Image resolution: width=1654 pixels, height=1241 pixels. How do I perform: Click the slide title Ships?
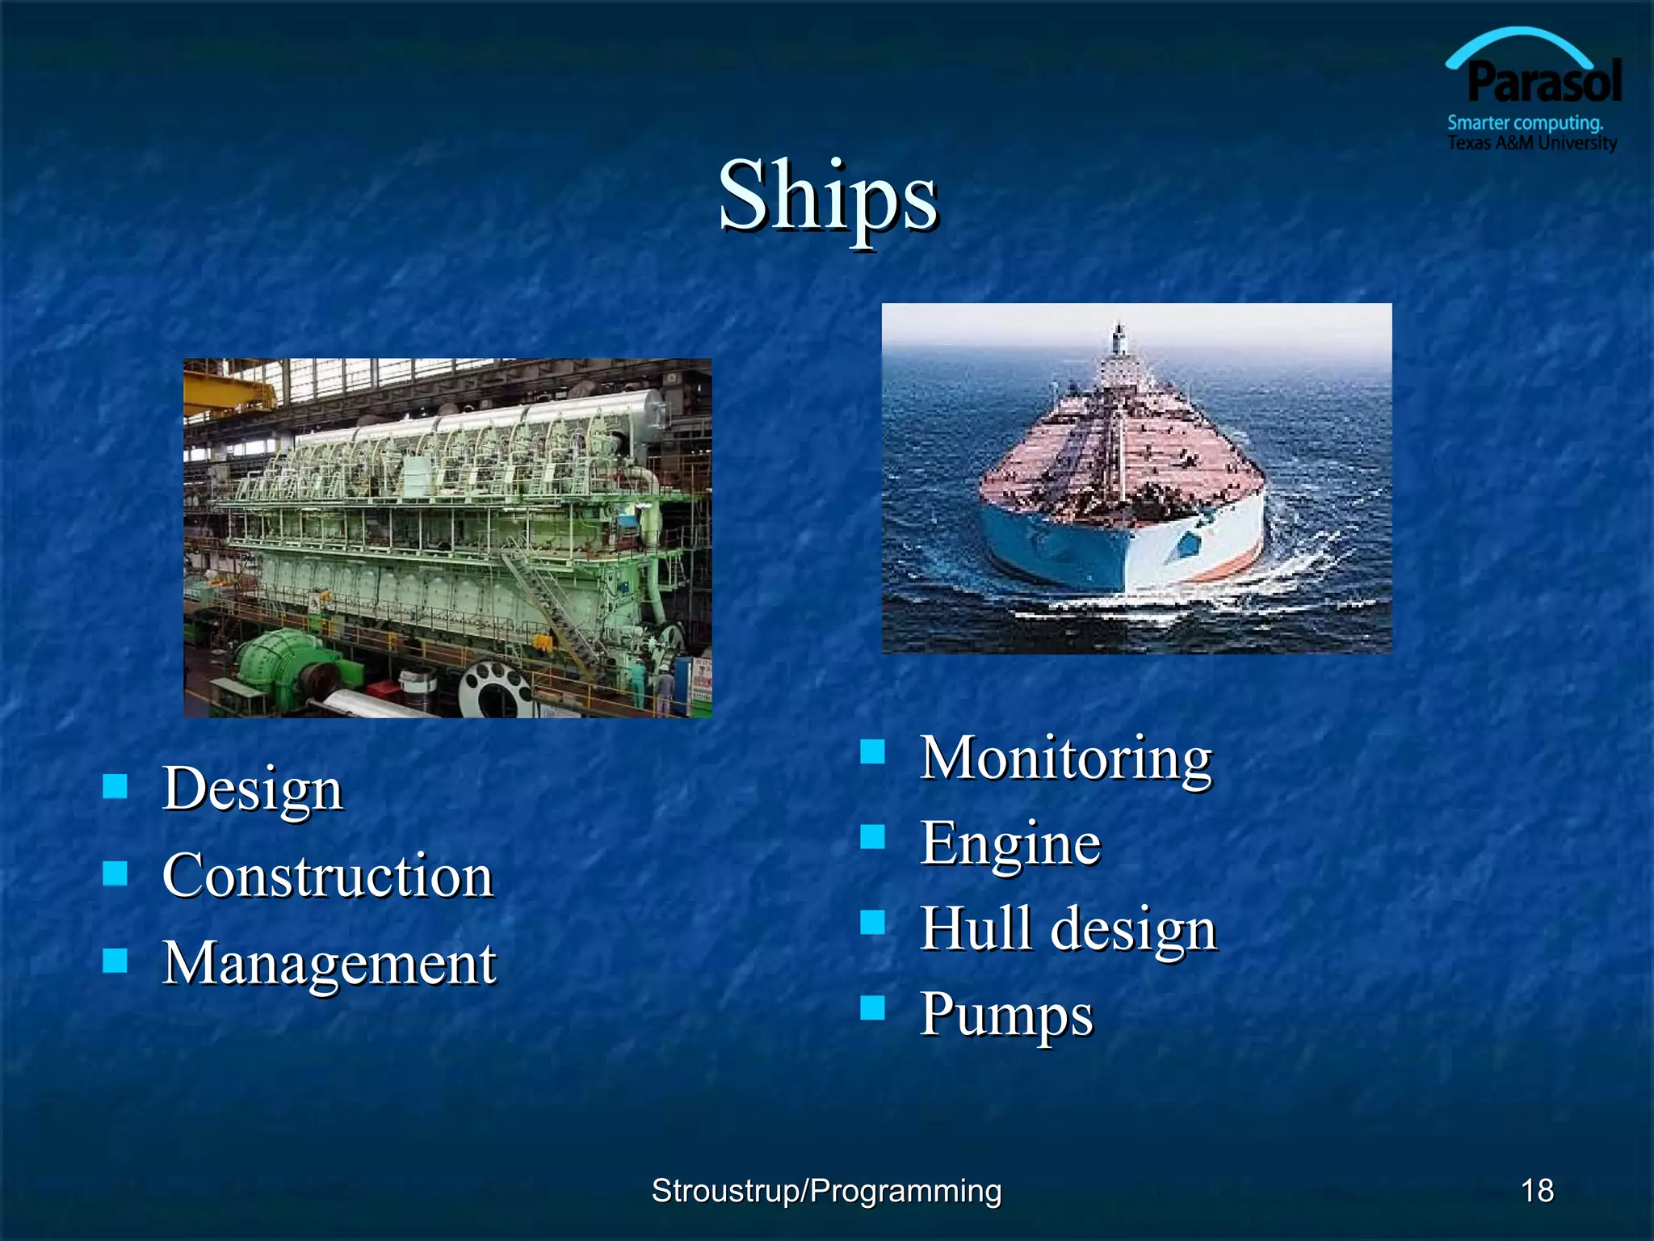point(828,196)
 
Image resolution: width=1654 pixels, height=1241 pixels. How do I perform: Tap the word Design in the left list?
point(252,789)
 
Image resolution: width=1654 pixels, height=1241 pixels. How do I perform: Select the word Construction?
point(327,876)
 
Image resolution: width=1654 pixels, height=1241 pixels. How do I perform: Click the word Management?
point(329,963)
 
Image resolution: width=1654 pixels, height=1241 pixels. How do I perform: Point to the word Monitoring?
point(1065,759)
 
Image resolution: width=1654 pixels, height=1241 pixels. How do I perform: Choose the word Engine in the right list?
point(1010,843)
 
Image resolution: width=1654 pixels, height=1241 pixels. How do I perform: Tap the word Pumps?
point(1005,1015)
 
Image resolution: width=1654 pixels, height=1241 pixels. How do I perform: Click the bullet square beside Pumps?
point(872,1008)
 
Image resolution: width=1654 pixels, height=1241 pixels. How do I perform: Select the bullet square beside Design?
point(115,785)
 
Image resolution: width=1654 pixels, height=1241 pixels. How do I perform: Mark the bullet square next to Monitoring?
point(872,752)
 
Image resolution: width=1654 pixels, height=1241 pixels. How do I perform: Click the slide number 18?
point(1537,1190)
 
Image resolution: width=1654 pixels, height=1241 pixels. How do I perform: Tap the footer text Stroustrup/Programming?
point(826,1190)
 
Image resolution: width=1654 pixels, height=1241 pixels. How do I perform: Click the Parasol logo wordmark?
point(1543,82)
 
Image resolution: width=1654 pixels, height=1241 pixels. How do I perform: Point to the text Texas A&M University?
point(1531,143)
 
